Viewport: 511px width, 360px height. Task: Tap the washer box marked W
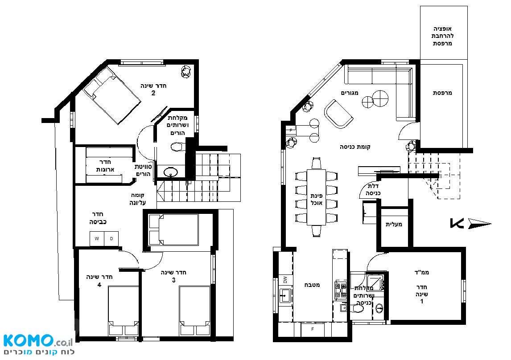click(x=97, y=239)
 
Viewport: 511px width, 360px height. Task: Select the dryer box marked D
click(x=111, y=239)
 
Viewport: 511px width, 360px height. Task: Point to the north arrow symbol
click(x=471, y=224)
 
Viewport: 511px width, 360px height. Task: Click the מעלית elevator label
click(x=394, y=224)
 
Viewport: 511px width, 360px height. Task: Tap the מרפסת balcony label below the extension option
click(x=443, y=93)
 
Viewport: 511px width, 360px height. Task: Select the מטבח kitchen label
click(x=312, y=285)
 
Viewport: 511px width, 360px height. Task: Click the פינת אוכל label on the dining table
click(x=317, y=199)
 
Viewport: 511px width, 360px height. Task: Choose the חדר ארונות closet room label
click(x=105, y=166)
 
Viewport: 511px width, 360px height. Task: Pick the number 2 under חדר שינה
click(x=153, y=93)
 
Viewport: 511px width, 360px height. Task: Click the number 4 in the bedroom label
click(x=99, y=285)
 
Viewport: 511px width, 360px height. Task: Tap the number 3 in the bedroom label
click(x=174, y=280)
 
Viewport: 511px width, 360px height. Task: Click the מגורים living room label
click(x=350, y=93)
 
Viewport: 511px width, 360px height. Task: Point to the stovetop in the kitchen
click(x=341, y=290)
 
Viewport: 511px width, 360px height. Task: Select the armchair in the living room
click(x=338, y=114)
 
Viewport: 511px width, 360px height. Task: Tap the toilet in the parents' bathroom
click(x=177, y=147)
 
